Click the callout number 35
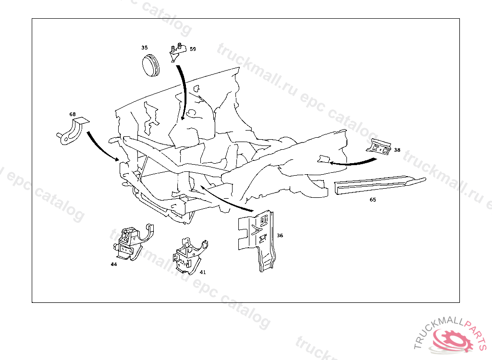tap(144, 48)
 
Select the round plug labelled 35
tap(150, 65)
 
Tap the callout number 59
tap(193, 49)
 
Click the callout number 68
tap(73, 114)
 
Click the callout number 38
tap(397, 150)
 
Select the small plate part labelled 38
tap(379, 147)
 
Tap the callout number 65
tap(373, 200)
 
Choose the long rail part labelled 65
tap(380, 185)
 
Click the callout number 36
tap(280, 236)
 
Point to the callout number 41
tap(203, 272)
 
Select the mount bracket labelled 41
tap(190, 255)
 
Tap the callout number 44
tap(113, 264)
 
